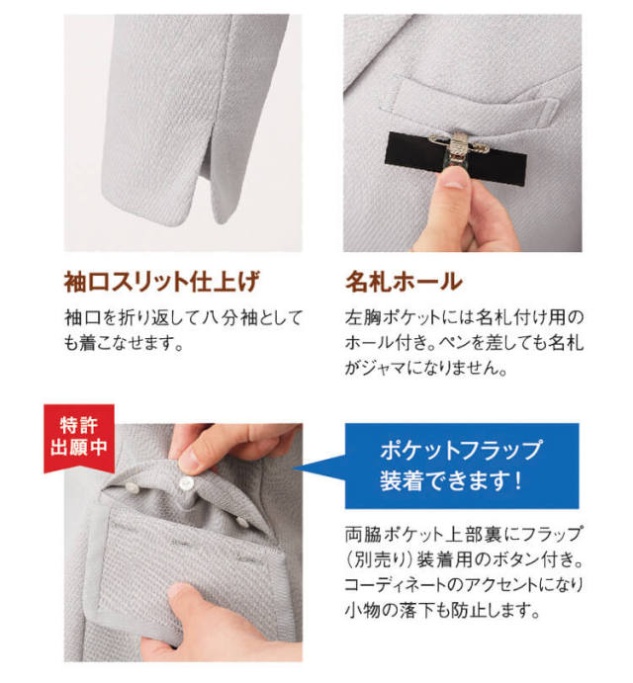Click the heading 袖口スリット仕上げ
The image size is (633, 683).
pos(162,282)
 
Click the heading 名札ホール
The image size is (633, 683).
pos(404,282)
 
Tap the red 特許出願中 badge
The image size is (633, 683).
pos(79,437)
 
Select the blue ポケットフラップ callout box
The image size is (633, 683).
pos(462,466)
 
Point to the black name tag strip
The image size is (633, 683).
pos(456,158)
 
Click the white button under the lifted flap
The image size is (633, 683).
pos(186,481)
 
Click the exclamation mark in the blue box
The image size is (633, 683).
pos(517,480)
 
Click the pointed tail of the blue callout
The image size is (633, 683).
pos(295,469)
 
